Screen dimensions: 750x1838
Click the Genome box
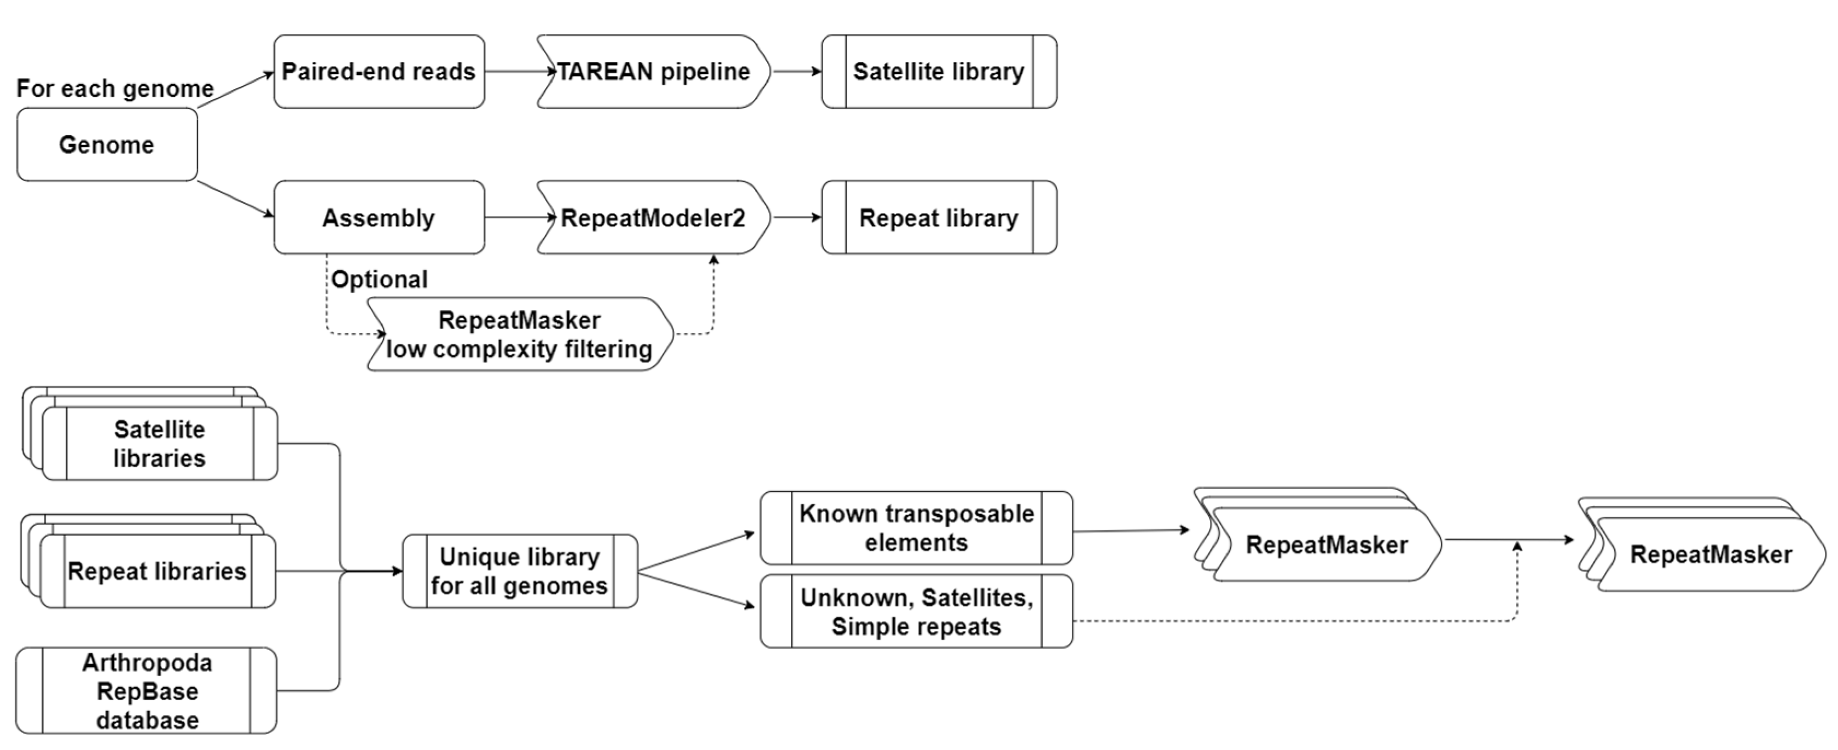[107, 145]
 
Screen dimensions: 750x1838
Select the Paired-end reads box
[379, 71]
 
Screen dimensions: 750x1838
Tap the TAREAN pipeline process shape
[653, 71]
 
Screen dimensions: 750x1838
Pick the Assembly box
[379, 218]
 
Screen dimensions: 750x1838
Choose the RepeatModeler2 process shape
[653, 218]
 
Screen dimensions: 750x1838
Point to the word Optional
[380, 279]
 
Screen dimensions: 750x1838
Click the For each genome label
[115, 89]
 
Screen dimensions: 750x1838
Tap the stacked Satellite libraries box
[159, 444]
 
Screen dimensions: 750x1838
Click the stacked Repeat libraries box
[157, 572]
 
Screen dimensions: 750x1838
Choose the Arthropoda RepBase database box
[147, 691]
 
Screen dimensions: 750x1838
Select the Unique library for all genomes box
[520, 572]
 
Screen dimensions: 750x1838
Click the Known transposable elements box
[916, 528]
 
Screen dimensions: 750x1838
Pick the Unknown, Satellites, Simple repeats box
[916, 612]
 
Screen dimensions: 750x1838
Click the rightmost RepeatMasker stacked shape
[1711, 555]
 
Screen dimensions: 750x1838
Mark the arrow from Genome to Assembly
[235, 199]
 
